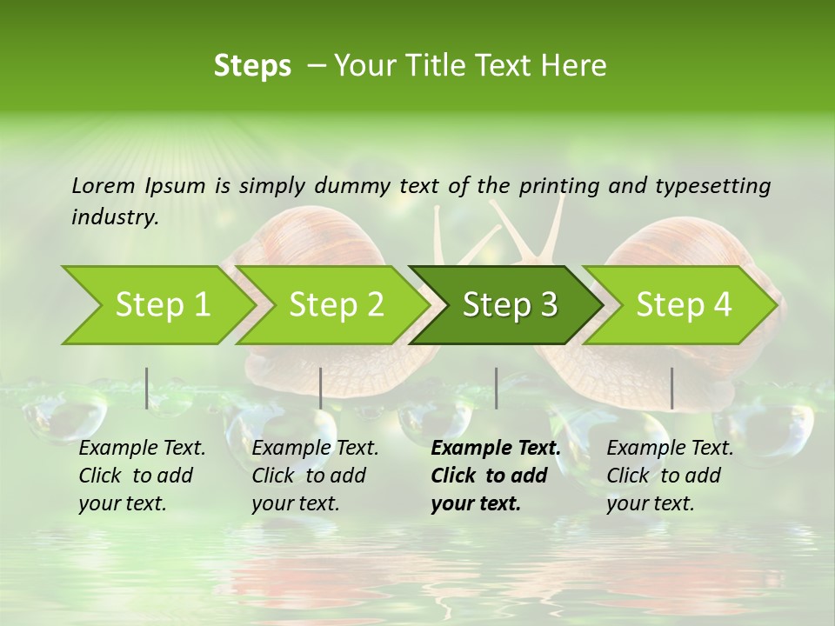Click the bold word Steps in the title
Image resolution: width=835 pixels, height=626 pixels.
(252, 66)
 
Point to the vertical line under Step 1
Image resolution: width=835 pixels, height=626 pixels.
(147, 388)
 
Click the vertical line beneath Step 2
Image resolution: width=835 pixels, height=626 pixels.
(321, 388)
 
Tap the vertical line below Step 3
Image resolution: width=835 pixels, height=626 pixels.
(496, 388)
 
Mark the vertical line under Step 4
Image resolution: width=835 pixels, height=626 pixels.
(671, 388)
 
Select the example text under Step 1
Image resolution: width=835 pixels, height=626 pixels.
(142, 476)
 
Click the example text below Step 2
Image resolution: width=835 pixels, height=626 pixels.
(315, 476)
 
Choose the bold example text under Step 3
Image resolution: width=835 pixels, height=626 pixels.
(495, 476)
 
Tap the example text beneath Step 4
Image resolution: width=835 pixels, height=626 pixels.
(670, 476)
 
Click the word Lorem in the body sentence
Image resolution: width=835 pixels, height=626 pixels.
(104, 185)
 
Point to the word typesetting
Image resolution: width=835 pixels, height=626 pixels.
(712, 185)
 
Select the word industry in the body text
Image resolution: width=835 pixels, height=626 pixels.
(115, 216)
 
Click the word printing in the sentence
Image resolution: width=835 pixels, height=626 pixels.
(561, 185)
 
